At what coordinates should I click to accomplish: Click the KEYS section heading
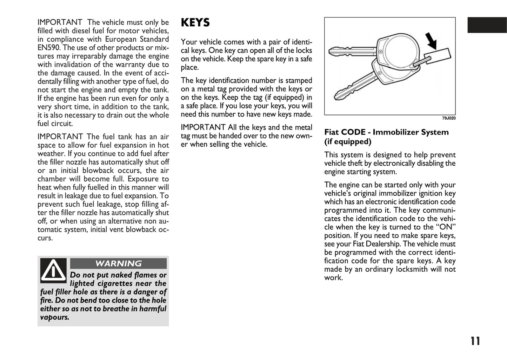point(195,23)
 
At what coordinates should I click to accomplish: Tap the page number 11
point(475,341)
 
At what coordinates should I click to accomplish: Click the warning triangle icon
point(53,271)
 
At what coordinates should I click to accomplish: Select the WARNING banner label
point(119,264)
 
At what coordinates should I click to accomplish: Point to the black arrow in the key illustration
point(431,41)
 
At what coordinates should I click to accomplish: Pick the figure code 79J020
point(449,118)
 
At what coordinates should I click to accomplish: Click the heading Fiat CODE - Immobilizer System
point(386,132)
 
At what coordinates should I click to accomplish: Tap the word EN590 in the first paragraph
point(49,48)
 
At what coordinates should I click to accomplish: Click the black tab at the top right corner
point(487,25)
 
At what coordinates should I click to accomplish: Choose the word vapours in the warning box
point(54,317)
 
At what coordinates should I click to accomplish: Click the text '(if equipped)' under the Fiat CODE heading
point(348,142)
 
